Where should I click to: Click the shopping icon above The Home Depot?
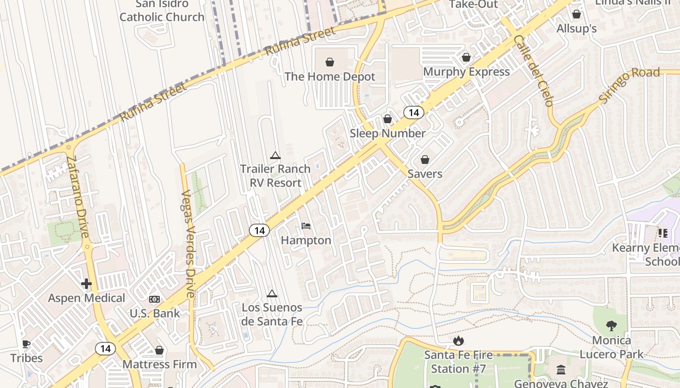[330, 62]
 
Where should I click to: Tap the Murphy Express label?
[466, 72]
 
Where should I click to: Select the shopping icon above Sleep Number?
[388, 119]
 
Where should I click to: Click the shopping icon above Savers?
[425, 160]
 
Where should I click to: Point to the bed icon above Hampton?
[306, 226]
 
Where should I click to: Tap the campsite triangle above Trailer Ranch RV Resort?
[275, 156]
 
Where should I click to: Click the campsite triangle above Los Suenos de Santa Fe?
[272, 293]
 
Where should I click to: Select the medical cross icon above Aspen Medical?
[86, 284]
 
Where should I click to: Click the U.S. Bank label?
[154, 313]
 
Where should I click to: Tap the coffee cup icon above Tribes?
[26, 344]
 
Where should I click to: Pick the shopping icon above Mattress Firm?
[159, 350]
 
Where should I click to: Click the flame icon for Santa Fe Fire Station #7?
[458, 341]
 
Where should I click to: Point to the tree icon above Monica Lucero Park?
[612, 326]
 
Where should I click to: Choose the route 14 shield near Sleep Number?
[413, 113]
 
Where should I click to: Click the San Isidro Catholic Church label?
[162, 11]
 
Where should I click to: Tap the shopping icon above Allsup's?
[577, 15]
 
